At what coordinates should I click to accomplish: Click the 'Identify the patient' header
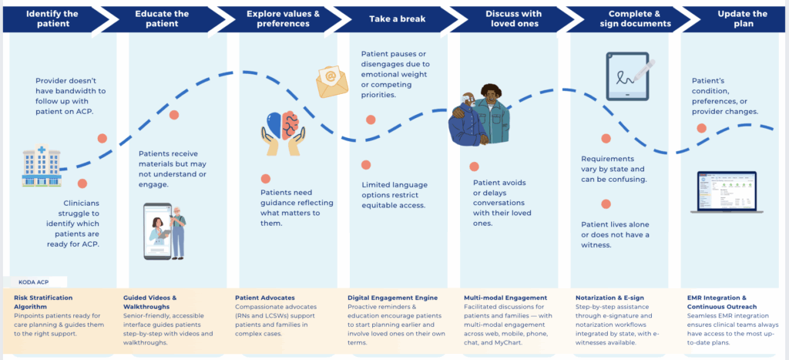(x=52, y=19)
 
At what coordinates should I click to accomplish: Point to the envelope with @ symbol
(x=331, y=78)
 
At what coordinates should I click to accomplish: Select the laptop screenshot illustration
(x=728, y=191)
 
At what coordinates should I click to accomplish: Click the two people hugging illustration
(x=479, y=116)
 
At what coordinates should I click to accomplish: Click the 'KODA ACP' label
(x=36, y=282)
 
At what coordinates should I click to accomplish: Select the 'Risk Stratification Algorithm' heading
(x=45, y=301)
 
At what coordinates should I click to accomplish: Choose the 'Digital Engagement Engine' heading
(x=393, y=297)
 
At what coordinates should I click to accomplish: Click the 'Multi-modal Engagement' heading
(x=505, y=297)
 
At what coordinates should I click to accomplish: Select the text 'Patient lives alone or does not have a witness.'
(x=615, y=234)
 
